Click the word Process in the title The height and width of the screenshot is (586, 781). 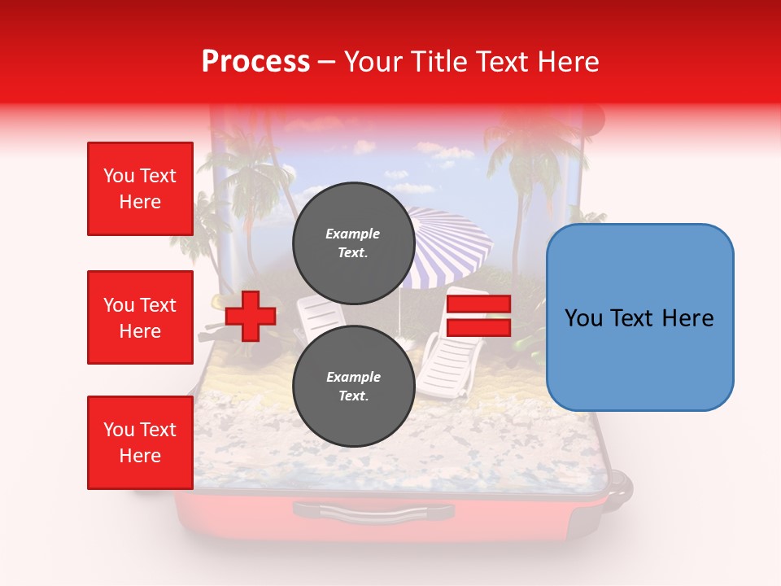255,61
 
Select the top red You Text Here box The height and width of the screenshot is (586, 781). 140,189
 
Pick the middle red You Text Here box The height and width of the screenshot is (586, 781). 140,317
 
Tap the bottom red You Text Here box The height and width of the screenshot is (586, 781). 140,443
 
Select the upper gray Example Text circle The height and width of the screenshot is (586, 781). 353,243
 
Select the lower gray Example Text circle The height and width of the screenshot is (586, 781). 353,386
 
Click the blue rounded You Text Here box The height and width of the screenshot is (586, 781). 639,317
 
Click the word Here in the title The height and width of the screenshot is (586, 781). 569,61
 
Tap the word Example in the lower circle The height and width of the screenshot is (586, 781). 353,377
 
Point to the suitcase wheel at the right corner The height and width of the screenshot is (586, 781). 620,486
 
